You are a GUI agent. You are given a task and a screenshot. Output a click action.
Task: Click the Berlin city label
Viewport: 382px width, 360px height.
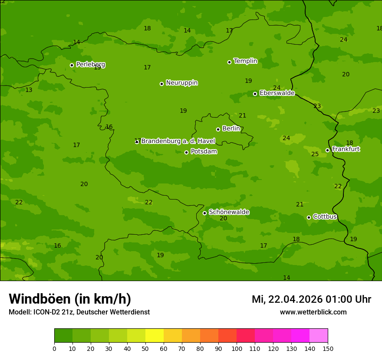point(231,129)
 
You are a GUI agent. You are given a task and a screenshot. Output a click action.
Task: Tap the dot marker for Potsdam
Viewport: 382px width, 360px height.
point(187,152)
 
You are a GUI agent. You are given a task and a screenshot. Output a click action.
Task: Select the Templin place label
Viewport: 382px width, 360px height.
point(245,61)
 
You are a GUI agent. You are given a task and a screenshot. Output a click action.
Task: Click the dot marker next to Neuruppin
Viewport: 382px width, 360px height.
point(161,84)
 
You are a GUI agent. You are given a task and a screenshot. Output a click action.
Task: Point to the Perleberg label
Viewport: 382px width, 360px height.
point(90,65)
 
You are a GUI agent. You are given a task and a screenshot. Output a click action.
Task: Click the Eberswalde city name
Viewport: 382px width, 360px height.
point(277,93)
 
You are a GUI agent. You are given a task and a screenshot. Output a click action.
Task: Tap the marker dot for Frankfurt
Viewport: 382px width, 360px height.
point(327,150)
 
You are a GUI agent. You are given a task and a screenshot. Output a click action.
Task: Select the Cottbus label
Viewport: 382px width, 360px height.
point(325,217)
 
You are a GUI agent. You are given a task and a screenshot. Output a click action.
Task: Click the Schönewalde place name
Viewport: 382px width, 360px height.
point(229,212)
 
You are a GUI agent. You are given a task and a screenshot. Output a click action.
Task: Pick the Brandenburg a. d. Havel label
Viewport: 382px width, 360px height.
point(178,141)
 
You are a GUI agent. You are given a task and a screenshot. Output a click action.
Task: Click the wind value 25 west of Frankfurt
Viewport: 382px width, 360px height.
point(315,154)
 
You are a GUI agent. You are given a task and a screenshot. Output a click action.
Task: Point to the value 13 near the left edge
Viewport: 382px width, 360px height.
point(29,90)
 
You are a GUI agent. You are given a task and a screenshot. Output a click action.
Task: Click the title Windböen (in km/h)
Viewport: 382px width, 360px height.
point(70,299)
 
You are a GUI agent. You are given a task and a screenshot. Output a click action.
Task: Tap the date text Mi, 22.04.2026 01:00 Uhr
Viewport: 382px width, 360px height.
point(311,299)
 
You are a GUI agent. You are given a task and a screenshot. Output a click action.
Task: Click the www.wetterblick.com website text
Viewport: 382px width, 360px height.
point(313,312)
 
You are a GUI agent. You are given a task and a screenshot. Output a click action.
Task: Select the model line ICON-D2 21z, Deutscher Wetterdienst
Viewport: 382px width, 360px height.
point(79,312)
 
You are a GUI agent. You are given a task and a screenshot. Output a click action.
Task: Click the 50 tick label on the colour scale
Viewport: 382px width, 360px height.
point(145,348)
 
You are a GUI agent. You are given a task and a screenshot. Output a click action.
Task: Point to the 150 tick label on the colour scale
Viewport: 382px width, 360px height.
point(328,348)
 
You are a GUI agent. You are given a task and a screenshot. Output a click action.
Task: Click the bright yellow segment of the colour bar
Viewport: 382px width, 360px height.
point(155,336)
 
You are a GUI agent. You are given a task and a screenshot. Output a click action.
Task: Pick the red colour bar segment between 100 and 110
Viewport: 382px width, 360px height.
point(246,336)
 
